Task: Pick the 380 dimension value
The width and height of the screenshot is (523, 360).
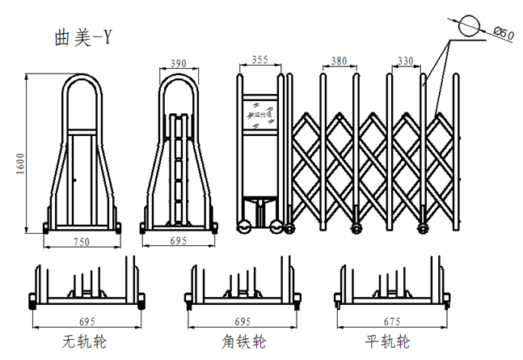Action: point(338,60)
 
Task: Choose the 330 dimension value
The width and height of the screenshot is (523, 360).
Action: point(407,60)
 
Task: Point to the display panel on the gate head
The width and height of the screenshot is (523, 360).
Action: point(259,112)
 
